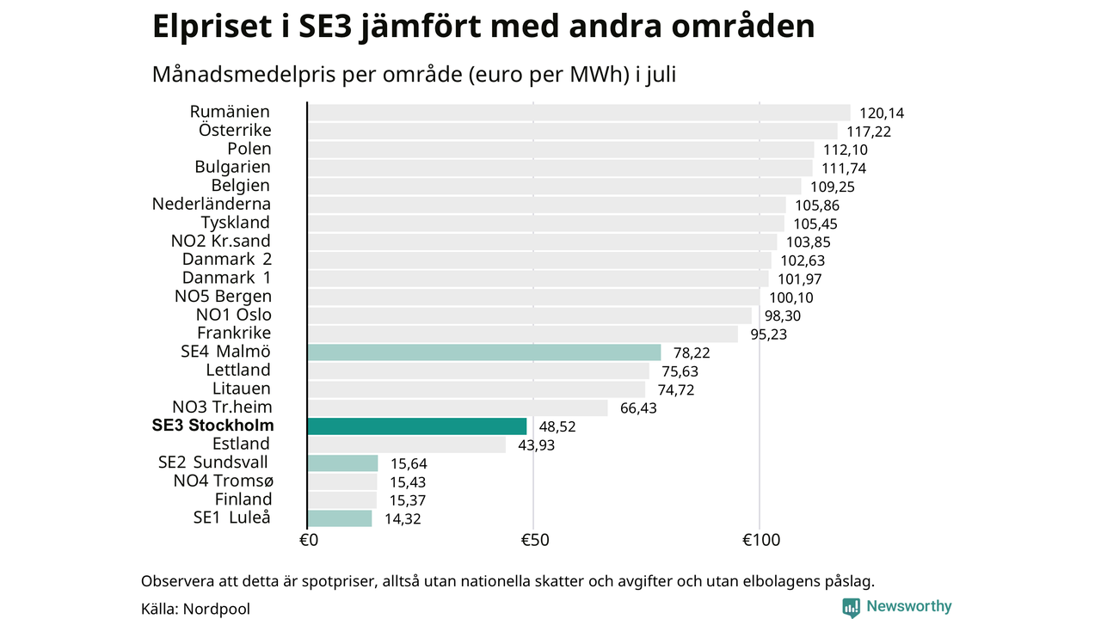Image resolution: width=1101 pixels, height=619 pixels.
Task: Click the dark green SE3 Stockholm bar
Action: point(417,426)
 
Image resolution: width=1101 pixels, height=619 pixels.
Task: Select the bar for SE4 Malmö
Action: point(484,352)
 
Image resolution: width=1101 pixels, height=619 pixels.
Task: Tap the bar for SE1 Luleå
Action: point(340,518)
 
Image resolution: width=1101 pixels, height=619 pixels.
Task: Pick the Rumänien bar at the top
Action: point(579,113)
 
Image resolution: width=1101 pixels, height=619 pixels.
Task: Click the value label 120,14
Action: point(882,113)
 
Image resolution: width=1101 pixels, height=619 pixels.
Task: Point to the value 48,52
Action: point(557,426)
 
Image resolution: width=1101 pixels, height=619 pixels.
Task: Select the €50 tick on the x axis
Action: point(535,541)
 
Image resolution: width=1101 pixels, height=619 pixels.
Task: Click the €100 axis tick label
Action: point(761,541)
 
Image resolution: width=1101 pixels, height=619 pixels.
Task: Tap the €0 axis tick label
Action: point(309,541)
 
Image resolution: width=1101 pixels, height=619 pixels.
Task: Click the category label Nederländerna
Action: point(212,204)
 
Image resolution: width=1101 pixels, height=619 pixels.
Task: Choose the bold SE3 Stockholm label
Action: point(212,426)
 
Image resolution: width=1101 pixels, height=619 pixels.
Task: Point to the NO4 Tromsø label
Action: point(223,481)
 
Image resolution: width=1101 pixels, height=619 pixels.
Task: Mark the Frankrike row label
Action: point(234,333)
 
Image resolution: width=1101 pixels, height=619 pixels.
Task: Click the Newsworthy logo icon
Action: point(851,608)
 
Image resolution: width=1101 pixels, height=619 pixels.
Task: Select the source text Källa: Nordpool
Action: point(195,610)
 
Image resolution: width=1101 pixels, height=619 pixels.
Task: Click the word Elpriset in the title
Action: point(212,27)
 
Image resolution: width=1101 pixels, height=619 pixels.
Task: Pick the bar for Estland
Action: point(407,444)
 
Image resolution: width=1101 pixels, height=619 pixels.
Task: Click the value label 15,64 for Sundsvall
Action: point(409,463)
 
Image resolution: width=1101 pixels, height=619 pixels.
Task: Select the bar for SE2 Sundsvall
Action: point(342,463)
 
